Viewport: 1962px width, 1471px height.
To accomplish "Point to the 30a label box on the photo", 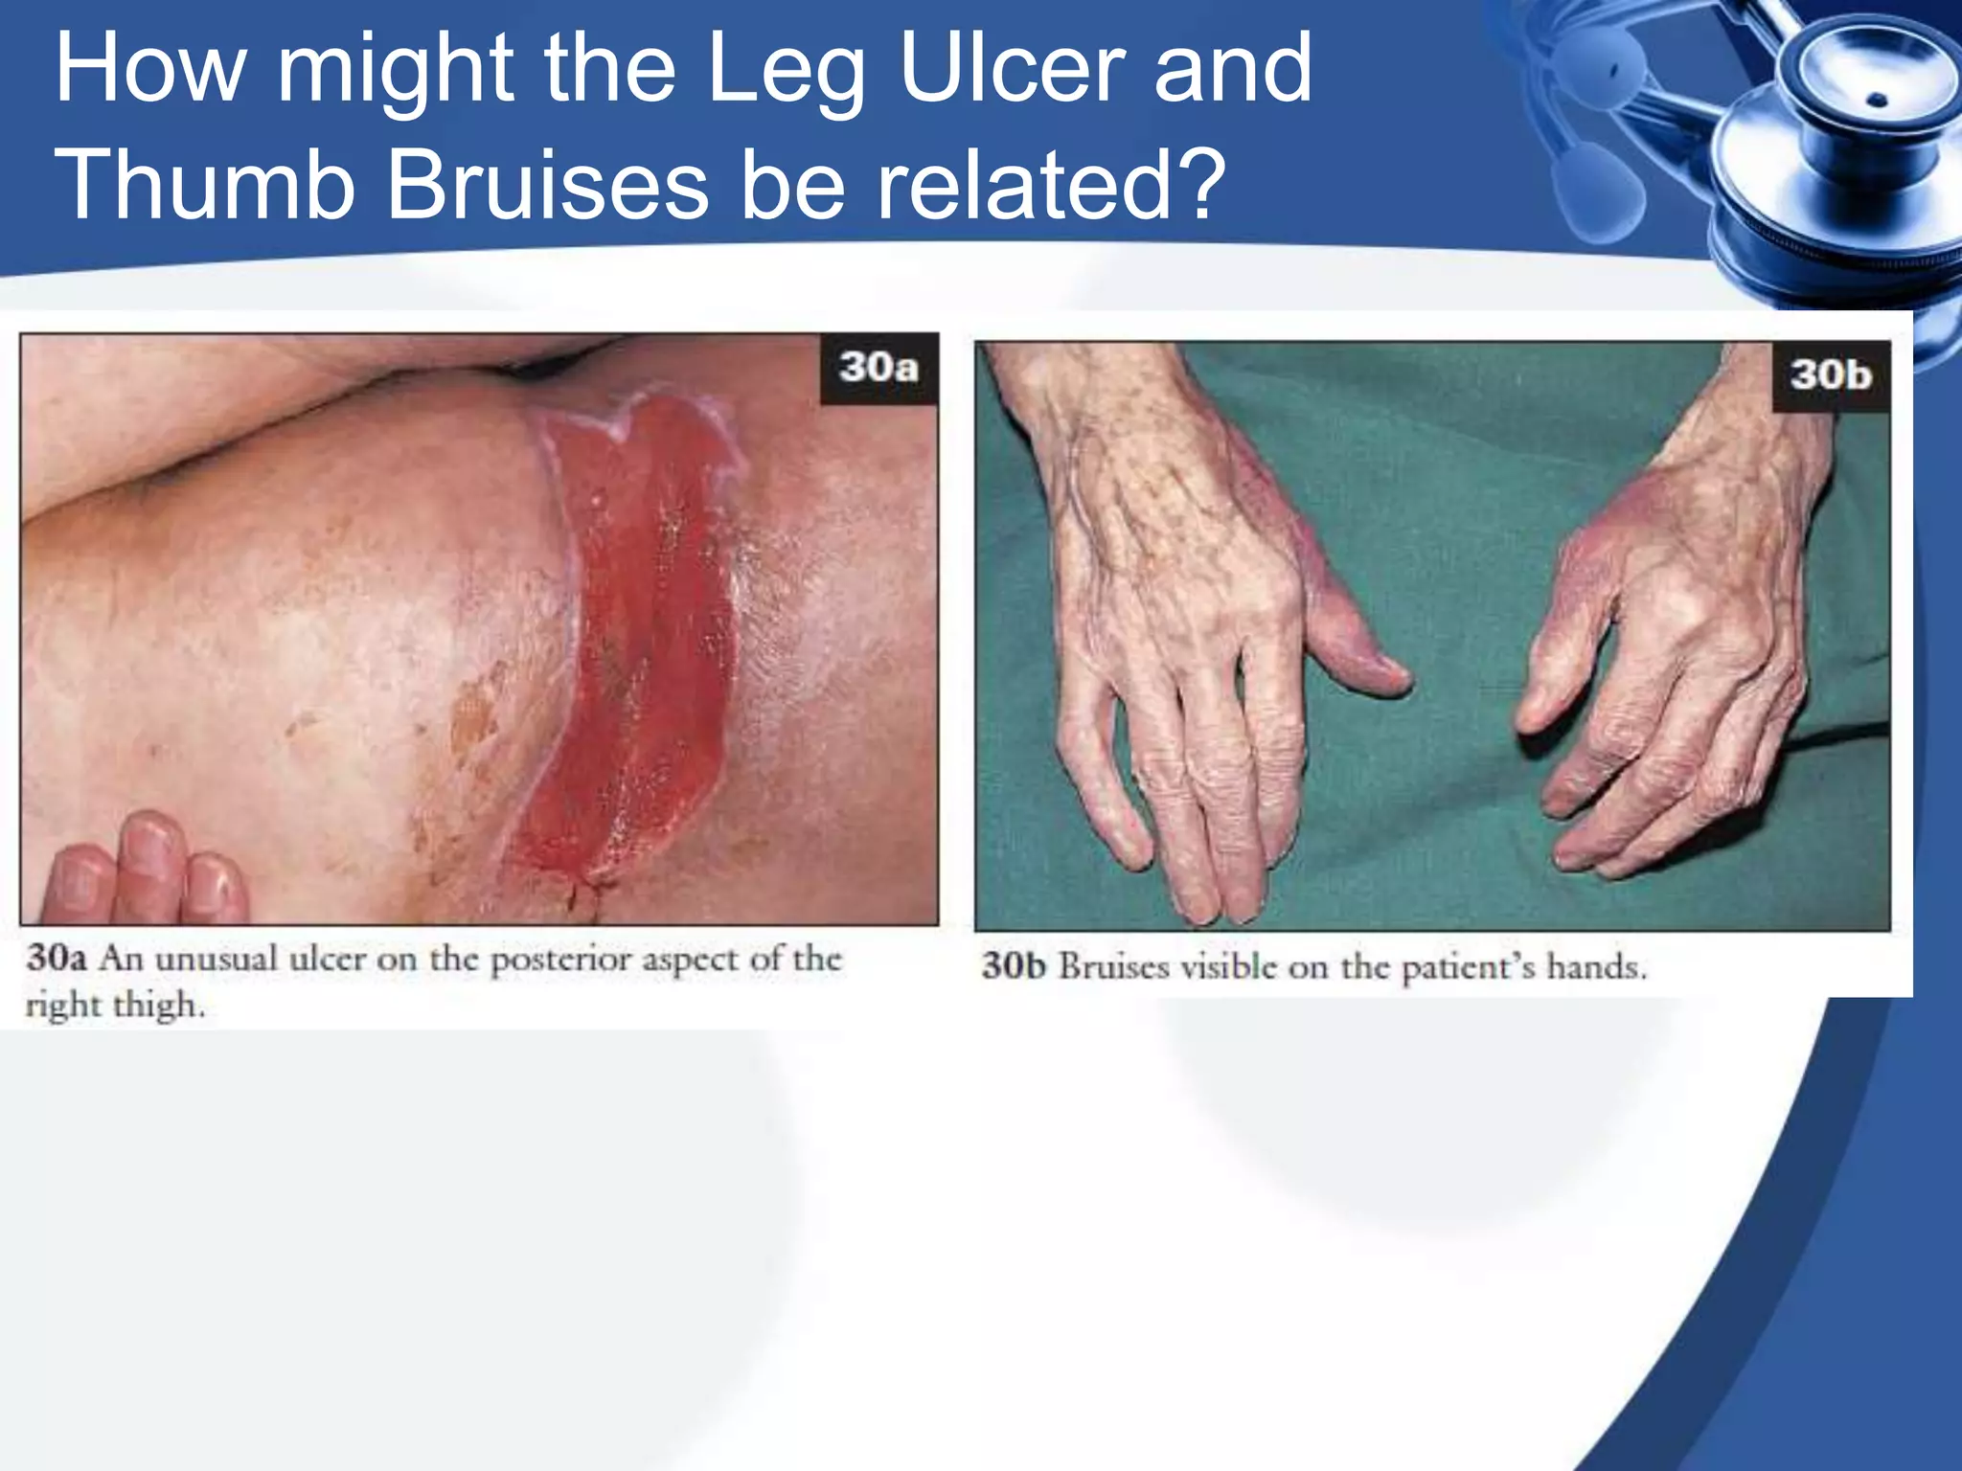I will coord(878,368).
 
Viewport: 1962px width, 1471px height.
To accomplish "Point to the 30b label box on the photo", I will coord(1830,374).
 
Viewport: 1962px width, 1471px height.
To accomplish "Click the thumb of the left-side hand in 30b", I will coord(1360,651).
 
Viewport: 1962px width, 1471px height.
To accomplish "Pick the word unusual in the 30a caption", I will coord(216,960).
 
